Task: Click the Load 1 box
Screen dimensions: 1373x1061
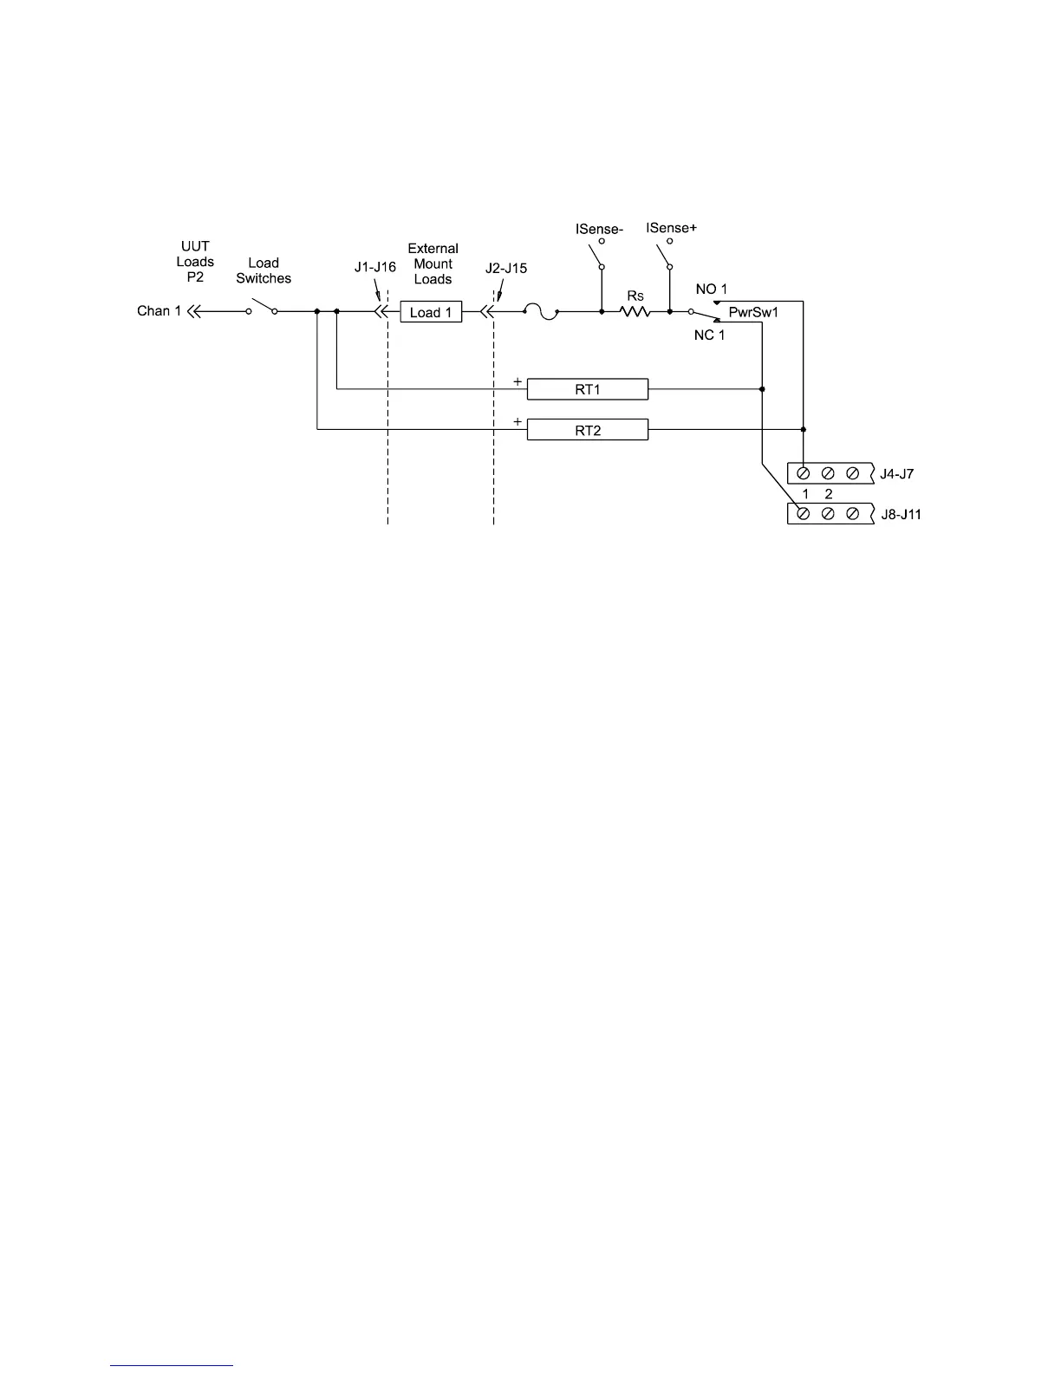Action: point(431,312)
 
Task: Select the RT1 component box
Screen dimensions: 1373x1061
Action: point(588,389)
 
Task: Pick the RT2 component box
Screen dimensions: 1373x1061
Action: point(588,430)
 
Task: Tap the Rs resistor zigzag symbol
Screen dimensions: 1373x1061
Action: point(635,311)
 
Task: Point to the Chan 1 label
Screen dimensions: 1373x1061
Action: point(159,310)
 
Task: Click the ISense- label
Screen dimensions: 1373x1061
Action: point(600,229)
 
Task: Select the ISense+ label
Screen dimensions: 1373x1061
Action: point(672,228)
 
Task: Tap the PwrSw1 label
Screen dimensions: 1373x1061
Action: point(753,312)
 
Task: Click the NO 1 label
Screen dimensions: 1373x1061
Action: point(712,289)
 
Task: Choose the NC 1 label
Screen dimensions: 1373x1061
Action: point(709,335)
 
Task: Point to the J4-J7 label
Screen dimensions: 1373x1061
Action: point(896,474)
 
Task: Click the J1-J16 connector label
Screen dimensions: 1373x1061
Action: point(375,267)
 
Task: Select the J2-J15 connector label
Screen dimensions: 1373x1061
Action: point(506,268)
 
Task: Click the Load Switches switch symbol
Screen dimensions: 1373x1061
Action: point(262,309)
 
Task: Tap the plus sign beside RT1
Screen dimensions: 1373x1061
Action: point(517,381)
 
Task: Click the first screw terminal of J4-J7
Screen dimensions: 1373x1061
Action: point(804,473)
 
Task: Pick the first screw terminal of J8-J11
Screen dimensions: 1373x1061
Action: point(804,514)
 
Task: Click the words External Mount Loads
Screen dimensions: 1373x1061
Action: point(433,264)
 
